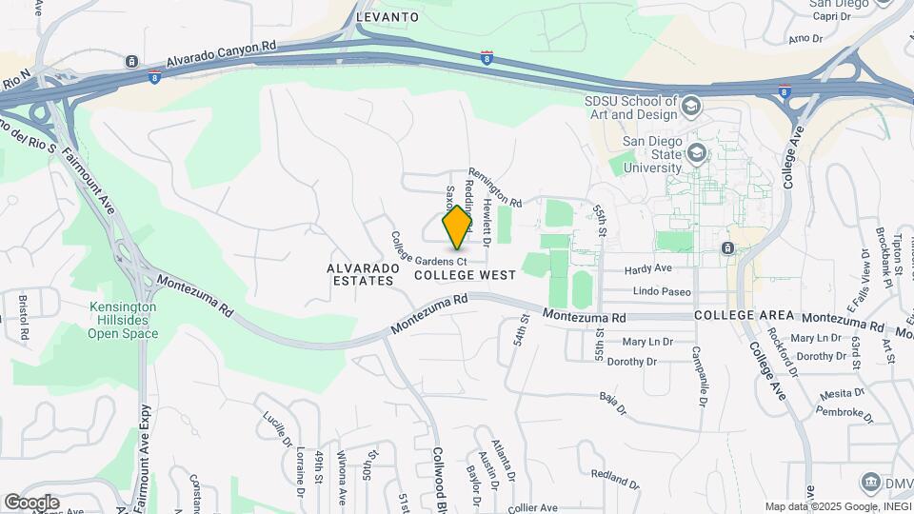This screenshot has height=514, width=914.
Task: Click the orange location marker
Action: [457, 227]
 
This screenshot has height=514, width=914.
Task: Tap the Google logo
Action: [31, 503]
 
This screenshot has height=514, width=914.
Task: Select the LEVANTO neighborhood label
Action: [387, 17]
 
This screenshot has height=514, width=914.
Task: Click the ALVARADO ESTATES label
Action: [361, 274]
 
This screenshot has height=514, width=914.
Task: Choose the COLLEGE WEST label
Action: [466, 275]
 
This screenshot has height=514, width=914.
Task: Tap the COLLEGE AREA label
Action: [744, 315]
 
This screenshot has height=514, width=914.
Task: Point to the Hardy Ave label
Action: [648, 270]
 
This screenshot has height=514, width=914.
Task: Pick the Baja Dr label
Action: [613, 405]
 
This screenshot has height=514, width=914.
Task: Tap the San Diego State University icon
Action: [697, 152]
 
